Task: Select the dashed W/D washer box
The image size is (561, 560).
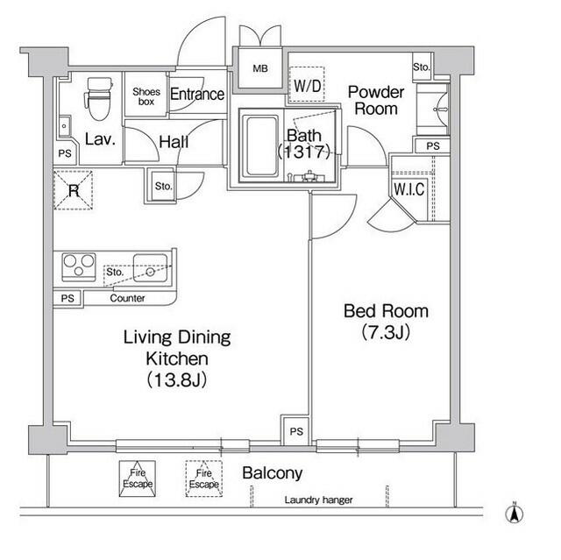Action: (x=307, y=86)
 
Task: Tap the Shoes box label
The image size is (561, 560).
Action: (x=145, y=95)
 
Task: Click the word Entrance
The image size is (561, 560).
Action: (x=197, y=95)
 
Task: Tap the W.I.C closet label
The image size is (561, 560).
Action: (x=408, y=188)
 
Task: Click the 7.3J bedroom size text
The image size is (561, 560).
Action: (x=386, y=332)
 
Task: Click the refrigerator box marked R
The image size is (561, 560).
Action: (x=74, y=190)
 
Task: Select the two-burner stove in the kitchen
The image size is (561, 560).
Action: (x=78, y=264)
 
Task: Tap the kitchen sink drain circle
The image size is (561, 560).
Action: (x=151, y=272)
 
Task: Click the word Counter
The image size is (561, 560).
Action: (x=127, y=299)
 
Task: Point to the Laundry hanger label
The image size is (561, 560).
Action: (x=318, y=500)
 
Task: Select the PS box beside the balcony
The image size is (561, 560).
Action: (x=295, y=432)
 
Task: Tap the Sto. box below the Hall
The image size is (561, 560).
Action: (x=163, y=186)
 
